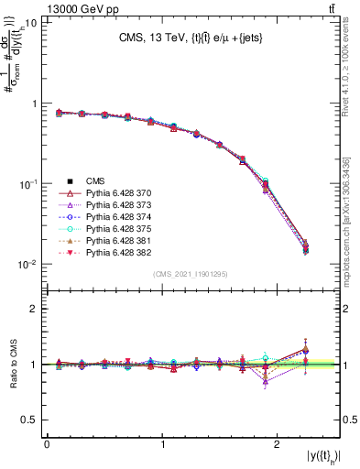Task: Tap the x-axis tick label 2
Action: (x=280, y=444)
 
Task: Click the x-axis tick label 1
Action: (x=163, y=444)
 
